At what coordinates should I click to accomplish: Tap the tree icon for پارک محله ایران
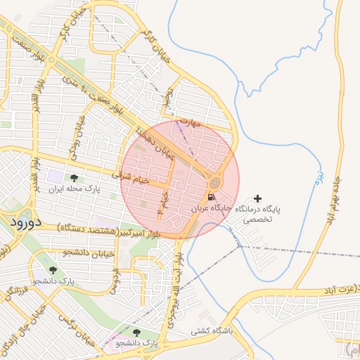click(74, 178)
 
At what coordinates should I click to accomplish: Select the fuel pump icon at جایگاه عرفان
click(212, 198)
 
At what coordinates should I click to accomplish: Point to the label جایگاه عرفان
click(212, 209)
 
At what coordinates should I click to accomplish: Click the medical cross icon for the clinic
click(257, 199)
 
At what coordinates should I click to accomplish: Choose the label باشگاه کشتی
click(211, 328)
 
